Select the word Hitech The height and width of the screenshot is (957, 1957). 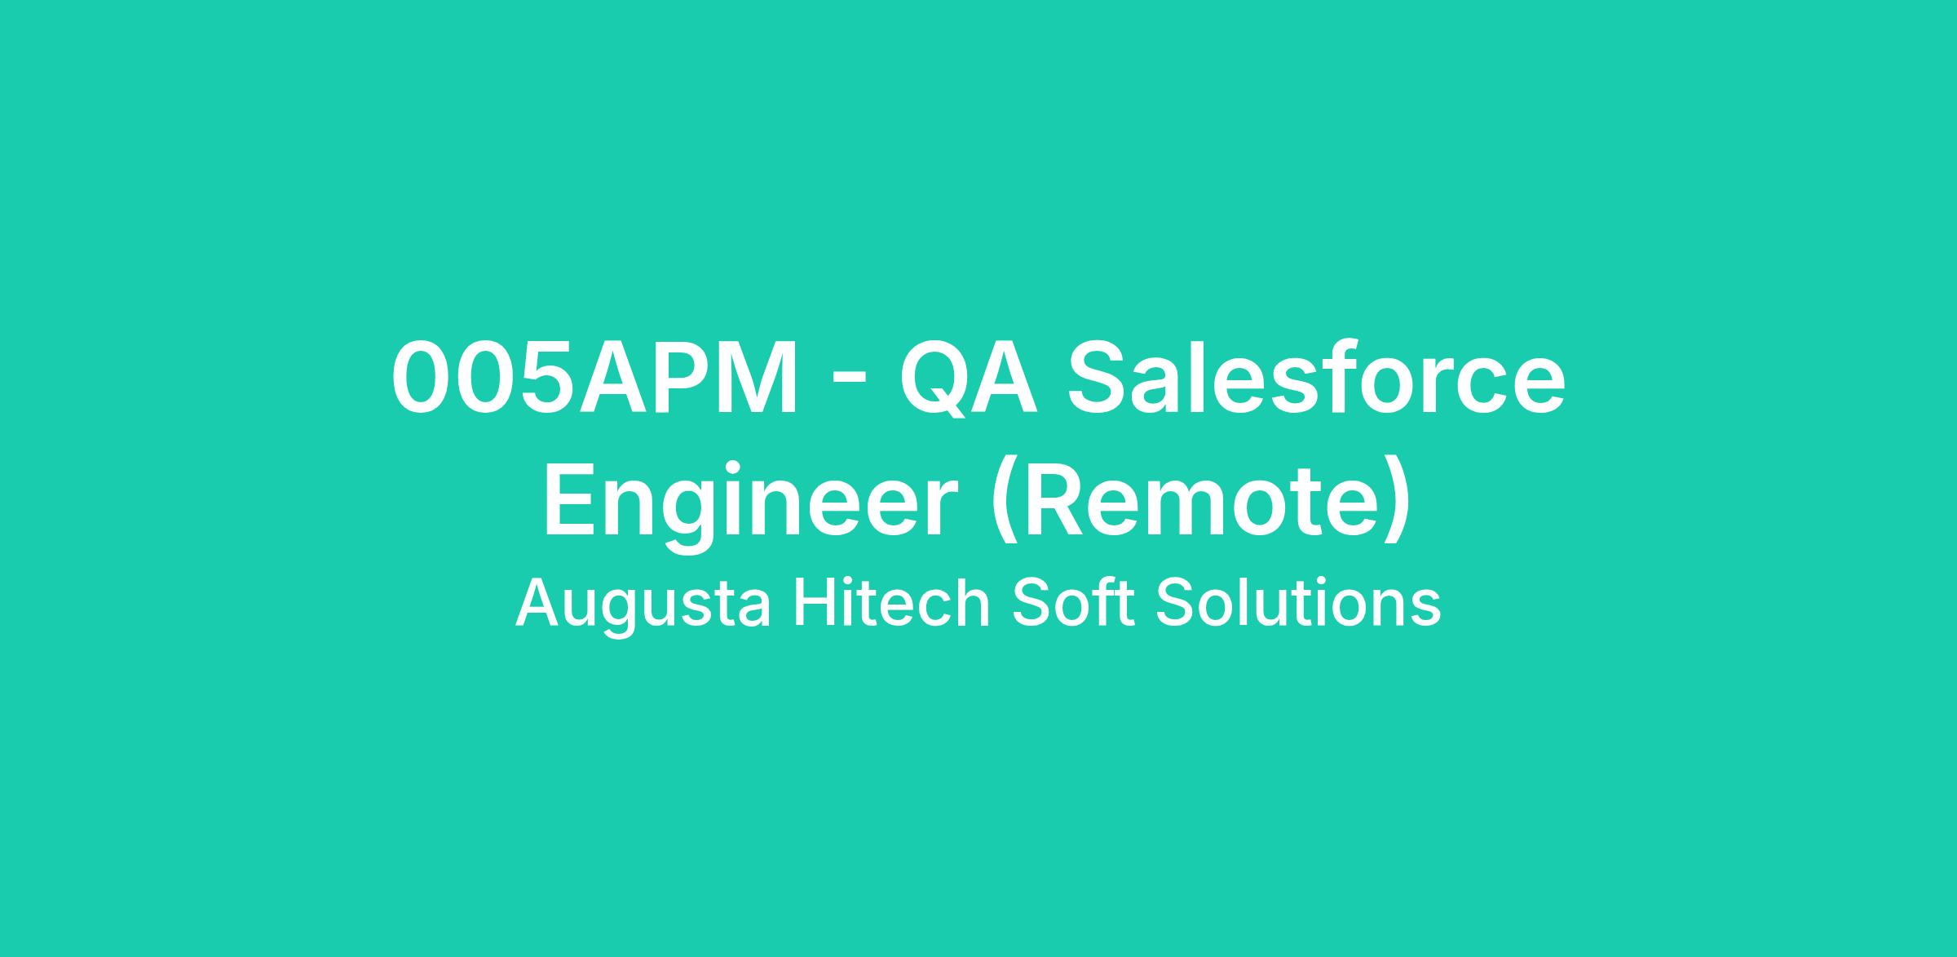point(891,602)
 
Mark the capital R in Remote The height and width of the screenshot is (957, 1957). point(1049,499)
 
